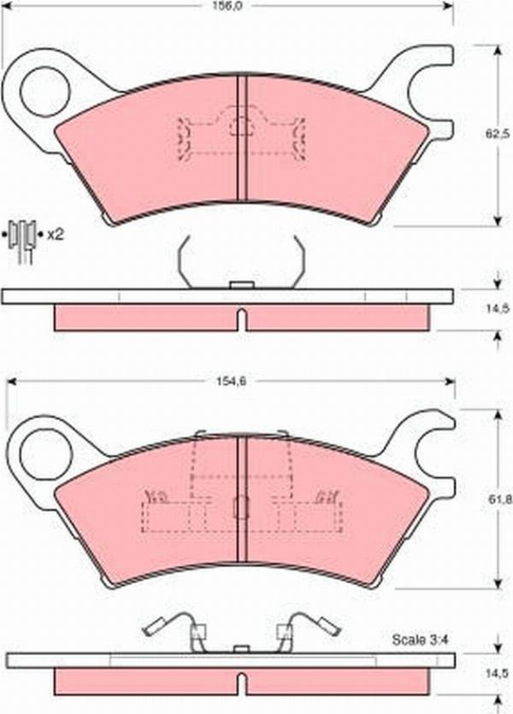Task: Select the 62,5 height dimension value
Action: [497, 133]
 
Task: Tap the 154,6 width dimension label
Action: [227, 382]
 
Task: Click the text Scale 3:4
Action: [415, 639]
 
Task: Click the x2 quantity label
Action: [56, 233]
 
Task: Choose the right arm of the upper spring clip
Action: [299, 260]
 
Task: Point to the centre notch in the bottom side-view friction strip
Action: [241, 683]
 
